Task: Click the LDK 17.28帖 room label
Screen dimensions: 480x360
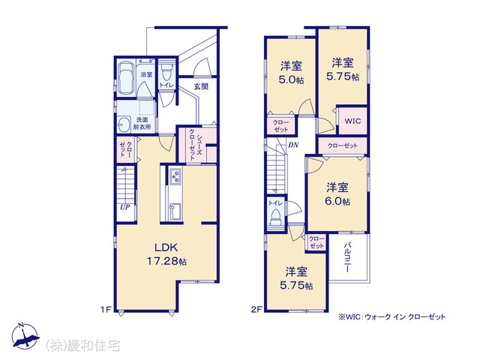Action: pyautogui.click(x=166, y=254)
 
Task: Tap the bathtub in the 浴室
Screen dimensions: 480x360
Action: pyautogui.click(x=125, y=77)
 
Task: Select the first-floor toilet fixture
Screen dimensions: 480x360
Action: pyautogui.click(x=166, y=71)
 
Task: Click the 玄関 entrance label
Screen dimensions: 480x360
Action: pyautogui.click(x=201, y=87)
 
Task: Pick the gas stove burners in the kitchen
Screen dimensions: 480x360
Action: pyautogui.click(x=175, y=177)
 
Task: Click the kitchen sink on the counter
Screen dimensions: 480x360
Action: pyautogui.click(x=175, y=211)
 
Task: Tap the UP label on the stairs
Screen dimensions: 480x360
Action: pyautogui.click(x=125, y=207)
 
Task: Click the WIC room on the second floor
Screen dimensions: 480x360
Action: pyautogui.click(x=352, y=121)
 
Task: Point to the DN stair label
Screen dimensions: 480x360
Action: pyautogui.click(x=293, y=145)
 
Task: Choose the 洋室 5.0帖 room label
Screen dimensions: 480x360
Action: pyautogui.click(x=291, y=73)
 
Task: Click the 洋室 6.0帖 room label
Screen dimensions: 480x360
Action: pyautogui.click(x=337, y=194)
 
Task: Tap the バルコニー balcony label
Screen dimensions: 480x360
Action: pyautogui.click(x=347, y=257)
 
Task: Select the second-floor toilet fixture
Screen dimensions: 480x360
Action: pyautogui.click(x=276, y=217)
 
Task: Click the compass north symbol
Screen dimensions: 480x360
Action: pyautogui.click(x=25, y=336)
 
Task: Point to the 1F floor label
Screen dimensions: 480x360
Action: pyautogui.click(x=106, y=310)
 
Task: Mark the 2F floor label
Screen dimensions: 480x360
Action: pyautogui.click(x=256, y=310)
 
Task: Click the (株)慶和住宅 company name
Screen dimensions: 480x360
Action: pyautogui.click(x=82, y=346)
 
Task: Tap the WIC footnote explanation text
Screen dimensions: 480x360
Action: pyautogui.click(x=391, y=317)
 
